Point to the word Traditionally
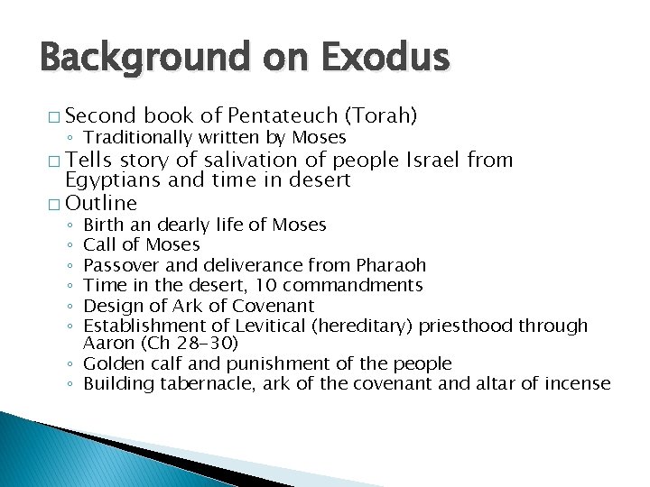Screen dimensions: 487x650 135,137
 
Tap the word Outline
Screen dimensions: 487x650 102,203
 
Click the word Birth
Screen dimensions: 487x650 101,225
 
